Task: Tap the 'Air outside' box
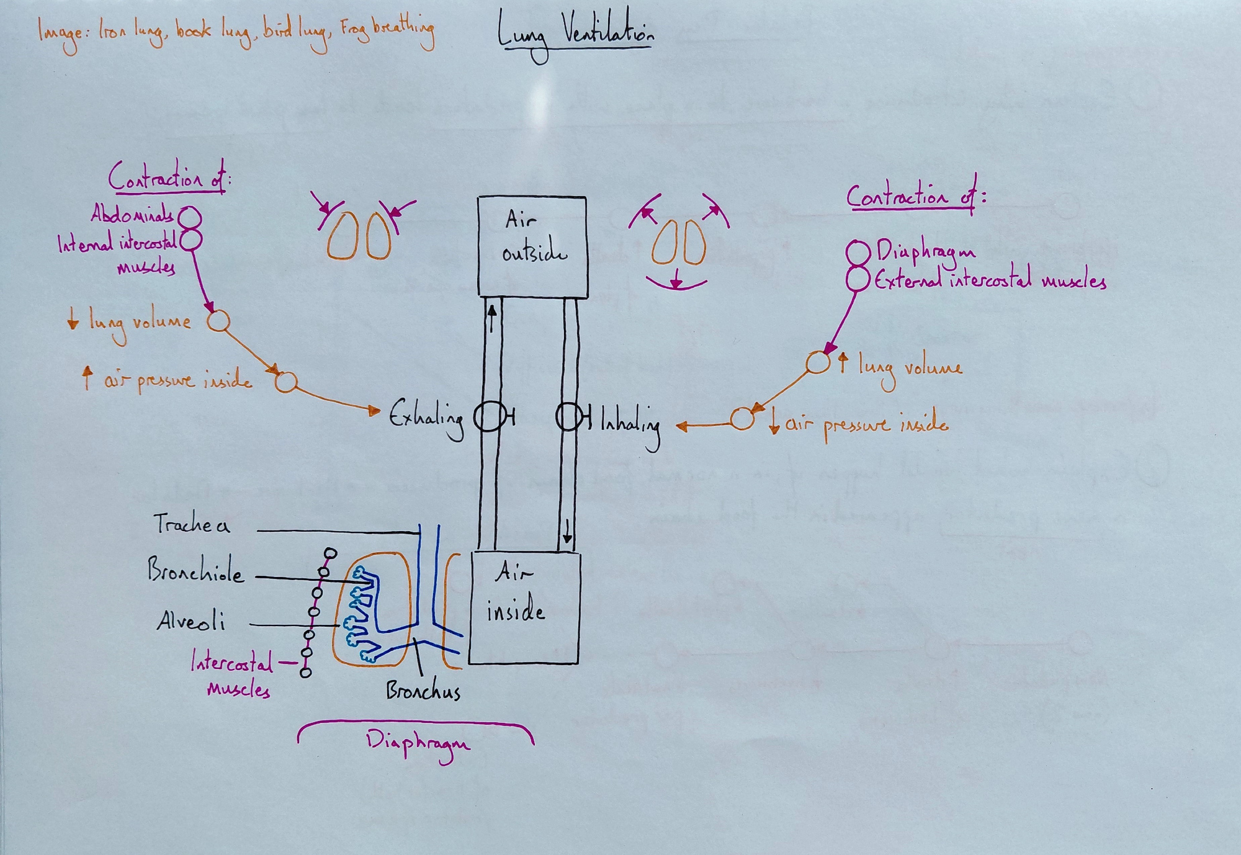(x=532, y=246)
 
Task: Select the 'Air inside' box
(x=524, y=608)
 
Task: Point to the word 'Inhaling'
(x=630, y=424)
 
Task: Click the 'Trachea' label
(x=191, y=525)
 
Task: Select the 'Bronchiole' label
(x=195, y=570)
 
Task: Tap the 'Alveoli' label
(x=190, y=620)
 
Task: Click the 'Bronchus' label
(x=423, y=691)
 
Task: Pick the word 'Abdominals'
(x=132, y=214)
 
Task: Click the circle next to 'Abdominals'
(x=190, y=218)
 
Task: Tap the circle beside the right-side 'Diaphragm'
(x=858, y=253)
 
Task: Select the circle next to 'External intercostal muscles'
(x=858, y=279)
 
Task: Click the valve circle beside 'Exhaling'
(x=488, y=417)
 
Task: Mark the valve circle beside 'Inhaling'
(x=568, y=417)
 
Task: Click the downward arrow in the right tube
(x=567, y=530)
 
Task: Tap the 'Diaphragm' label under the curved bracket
(x=418, y=743)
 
